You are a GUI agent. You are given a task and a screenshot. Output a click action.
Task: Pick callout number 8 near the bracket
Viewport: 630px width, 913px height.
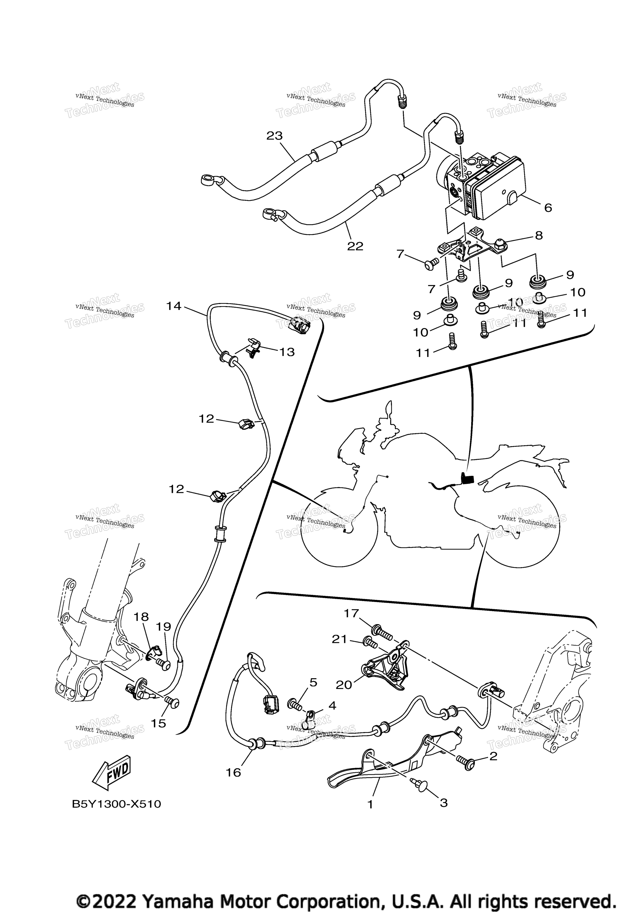(538, 236)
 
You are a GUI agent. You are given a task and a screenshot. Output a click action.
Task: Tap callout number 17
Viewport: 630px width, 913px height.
(351, 614)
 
